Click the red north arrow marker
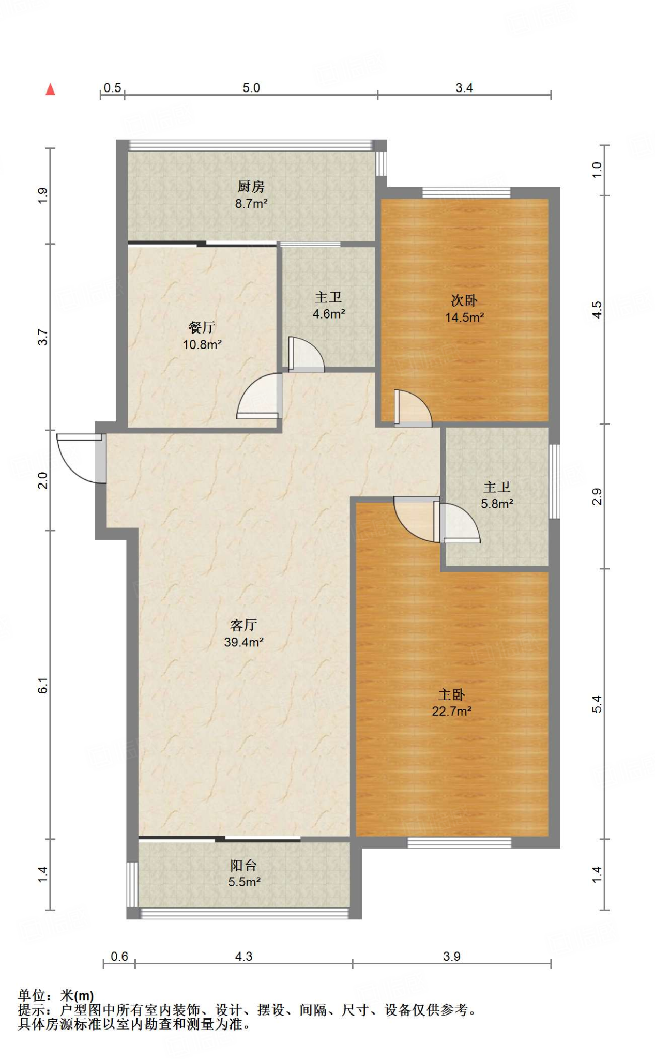[50, 89]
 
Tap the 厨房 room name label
[251, 186]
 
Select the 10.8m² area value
[202, 344]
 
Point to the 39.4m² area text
[244, 642]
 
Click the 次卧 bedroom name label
[464, 300]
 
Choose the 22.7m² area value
[452, 712]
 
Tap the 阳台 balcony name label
[244, 866]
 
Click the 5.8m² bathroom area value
[497, 504]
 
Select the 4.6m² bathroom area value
[329, 314]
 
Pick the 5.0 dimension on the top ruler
[251, 88]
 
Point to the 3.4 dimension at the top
[464, 88]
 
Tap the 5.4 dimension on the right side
[597, 704]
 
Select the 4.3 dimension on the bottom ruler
[244, 957]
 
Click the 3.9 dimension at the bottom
[452, 957]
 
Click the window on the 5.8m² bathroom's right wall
[554, 481]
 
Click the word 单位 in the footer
[32, 995]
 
